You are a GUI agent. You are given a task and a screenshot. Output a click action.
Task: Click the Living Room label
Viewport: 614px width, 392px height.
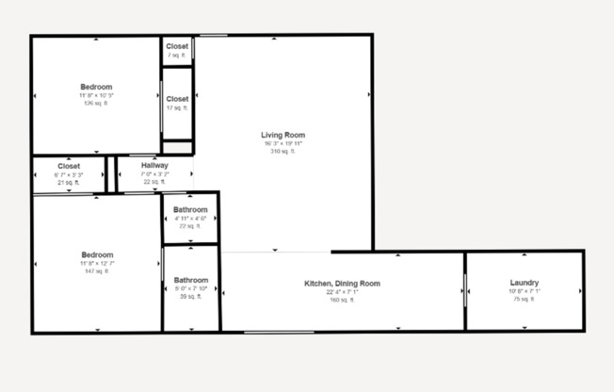(283, 135)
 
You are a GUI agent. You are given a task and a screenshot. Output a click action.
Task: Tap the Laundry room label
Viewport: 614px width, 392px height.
(524, 283)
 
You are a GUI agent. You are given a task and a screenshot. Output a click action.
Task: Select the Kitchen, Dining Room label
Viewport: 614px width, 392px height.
(342, 283)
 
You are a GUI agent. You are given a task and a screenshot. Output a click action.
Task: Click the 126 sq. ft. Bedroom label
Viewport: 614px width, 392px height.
(96, 87)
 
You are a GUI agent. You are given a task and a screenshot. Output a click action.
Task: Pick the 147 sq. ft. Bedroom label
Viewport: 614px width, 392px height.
(97, 254)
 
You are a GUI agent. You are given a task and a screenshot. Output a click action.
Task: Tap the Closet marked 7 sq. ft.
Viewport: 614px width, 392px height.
(177, 45)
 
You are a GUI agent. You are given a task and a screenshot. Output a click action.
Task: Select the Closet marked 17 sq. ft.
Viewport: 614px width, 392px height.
(177, 99)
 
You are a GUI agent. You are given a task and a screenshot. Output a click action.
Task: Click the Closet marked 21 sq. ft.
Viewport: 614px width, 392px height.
(69, 167)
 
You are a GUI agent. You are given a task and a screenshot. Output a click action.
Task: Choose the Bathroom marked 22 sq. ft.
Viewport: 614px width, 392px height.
(190, 209)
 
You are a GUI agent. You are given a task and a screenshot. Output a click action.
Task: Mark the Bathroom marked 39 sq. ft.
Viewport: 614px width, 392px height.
(190, 280)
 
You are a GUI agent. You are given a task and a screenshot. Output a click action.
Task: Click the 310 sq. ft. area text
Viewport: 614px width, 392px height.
(283, 151)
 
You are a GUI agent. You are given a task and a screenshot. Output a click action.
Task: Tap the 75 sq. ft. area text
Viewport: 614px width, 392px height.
(524, 300)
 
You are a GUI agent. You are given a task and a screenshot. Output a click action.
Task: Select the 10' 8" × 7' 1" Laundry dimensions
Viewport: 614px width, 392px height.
(524, 291)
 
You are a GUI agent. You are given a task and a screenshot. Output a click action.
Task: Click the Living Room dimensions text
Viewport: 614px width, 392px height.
(283, 143)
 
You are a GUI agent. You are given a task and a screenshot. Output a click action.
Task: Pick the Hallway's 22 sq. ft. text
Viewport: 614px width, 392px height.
(154, 181)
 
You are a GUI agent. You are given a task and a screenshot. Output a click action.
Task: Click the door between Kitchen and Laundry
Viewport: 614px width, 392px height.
(465, 290)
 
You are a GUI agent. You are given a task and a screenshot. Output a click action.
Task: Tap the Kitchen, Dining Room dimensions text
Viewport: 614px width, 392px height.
(341, 291)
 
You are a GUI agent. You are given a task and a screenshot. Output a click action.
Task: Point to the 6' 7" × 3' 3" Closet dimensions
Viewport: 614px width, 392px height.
(69, 174)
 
